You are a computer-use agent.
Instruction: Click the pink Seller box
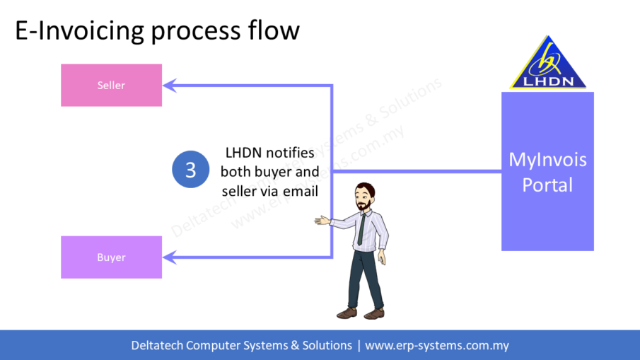pyautogui.click(x=111, y=86)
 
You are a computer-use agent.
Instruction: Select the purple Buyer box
pyautogui.click(x=111, y=257)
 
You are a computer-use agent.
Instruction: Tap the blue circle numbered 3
pyautogui.click(x=190, y=170)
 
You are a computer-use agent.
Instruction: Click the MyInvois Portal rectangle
pyautogui.click(x=547, y=172)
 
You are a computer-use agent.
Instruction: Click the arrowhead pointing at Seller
pyautogui.click(x=170, y=86)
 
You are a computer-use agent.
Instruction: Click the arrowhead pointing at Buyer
pyautogui.click(x=170, y=257)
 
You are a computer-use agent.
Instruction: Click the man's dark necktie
pyautogui.click(x=361, y=230)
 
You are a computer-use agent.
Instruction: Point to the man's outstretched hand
pyautogui.click(x=322, y=221)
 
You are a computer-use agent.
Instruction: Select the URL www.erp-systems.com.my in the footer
pyautogui.click(x=436, y=346)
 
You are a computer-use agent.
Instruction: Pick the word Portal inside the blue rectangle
pyautogui.click(x=547, y=185)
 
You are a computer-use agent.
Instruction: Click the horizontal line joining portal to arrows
pyautogui.click(x=417, y=171)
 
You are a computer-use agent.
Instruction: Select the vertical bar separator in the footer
pyautogui.click(x=359, y=346)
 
